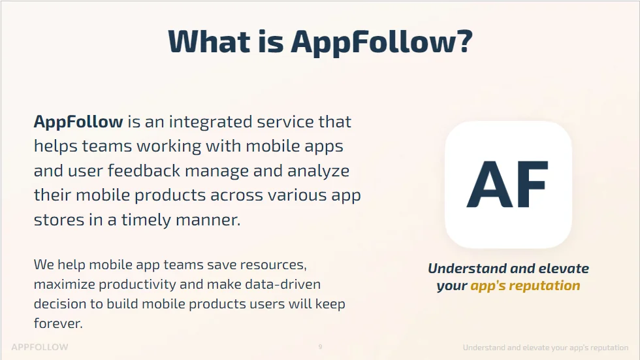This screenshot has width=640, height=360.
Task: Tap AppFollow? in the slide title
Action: [381, 42]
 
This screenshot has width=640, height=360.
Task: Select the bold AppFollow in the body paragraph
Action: [78, 122]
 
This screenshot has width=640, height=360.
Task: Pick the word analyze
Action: [319, 171]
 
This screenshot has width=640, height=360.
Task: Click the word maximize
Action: [63, 285]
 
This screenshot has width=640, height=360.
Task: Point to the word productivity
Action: [136, 285]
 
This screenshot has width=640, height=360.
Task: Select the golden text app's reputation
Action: [525, 286]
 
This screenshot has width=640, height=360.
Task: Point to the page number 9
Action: [320, 347]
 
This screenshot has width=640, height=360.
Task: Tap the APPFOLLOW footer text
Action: [40, 347]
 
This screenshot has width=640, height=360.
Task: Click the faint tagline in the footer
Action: [545, 348]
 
